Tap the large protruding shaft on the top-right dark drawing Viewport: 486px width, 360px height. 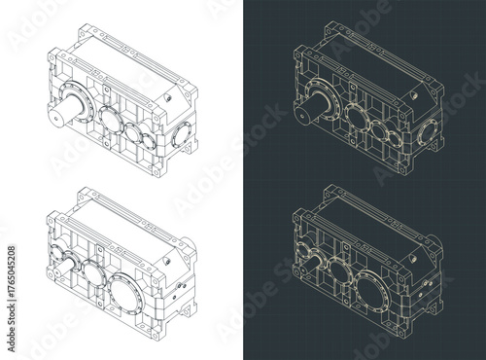point(309,104)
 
